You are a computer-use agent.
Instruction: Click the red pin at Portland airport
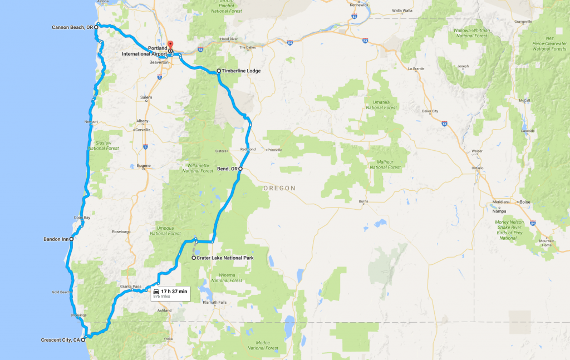170,45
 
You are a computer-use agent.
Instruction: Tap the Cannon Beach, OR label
72,27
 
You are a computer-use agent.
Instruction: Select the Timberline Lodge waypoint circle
219,71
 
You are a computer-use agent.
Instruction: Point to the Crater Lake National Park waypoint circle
193,258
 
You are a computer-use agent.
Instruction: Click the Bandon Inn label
56,239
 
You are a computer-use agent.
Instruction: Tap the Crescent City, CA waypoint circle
83,339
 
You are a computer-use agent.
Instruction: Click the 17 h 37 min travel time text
174,291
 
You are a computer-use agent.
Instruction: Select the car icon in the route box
156,292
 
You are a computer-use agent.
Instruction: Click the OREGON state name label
279,188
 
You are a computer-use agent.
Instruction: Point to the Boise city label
524,201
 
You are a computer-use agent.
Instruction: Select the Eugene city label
143,166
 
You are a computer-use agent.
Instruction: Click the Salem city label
146,97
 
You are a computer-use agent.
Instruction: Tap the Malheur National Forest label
385,165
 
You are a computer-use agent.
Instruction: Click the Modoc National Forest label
263,345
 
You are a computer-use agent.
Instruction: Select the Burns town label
363,201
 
